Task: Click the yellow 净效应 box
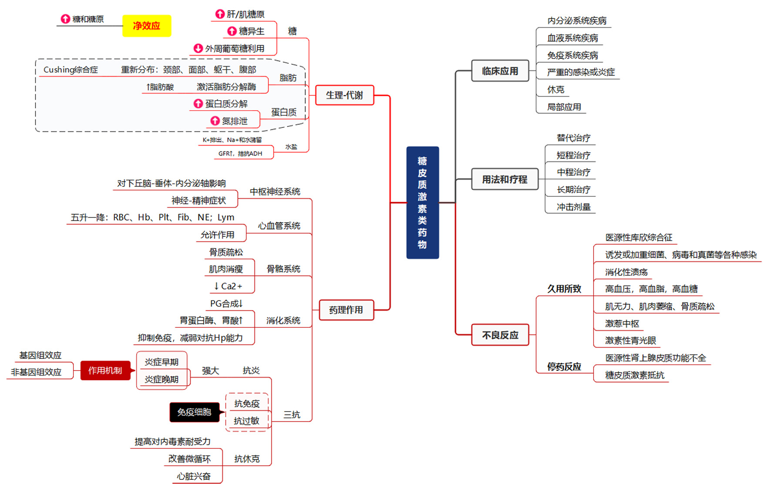pyautogui.click(x=147, y=26)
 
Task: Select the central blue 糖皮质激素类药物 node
pyautogui.click(x=422, y=203)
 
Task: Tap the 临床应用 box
pyautogui.click(x=500, y=71)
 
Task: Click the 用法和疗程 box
pyautogui.click(x=505, y=179)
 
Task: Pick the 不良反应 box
pyautogui.click(x=500, y=335)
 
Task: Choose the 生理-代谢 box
pyautogui.click(x=344, y=95)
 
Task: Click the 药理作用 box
pyautogui.click(x=346, y=310)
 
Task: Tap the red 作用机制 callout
pyautogui.click(x=105, y=370)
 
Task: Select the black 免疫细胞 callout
pyautogui.click(x=194, y=412)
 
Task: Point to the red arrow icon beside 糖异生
pyautogui.click(x=232, y=31)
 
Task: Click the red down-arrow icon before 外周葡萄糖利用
pyautogui.click(x=198, y=48)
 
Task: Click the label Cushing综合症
pyautogui.click(x=71, y=70)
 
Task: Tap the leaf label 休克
pyautogui.click(x=555, y=90)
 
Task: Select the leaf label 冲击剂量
pyautogui.click(x=573, y=207)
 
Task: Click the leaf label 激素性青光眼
pyautogui.click(x=630, y=341)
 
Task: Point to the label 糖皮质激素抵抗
pyautogui.click(x=634, y=375)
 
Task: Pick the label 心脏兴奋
pyautogui.click(x=193, y=476)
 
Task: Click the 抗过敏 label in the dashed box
pyautogui.click(x=246, y=421)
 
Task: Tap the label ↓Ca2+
pyautogui.click(x=228, y=286)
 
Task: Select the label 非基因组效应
pyautogui.click(x=36, y=372)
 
